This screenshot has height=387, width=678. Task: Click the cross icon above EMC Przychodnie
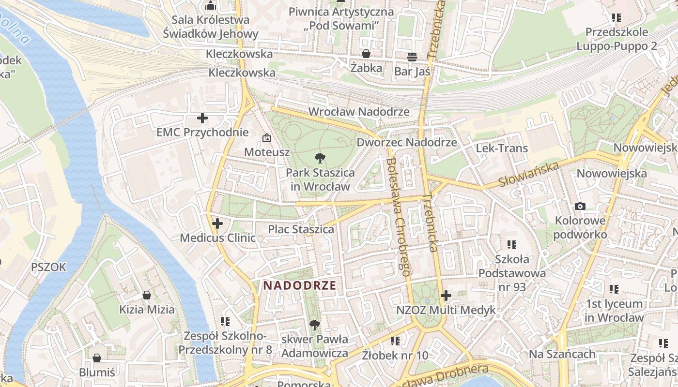202,118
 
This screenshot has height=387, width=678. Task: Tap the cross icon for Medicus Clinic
217,223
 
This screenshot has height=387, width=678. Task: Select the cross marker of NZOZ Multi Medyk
446,296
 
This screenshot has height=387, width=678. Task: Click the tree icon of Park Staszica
320,158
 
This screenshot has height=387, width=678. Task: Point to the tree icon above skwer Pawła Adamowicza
315,325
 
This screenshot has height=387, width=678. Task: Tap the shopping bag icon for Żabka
366,54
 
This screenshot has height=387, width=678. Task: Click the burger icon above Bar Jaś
412,57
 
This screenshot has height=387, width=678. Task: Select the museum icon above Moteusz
266,138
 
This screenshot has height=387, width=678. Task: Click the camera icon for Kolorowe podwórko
580,207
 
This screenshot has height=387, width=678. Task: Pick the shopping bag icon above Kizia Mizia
147,295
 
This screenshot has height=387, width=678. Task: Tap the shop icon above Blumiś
97,358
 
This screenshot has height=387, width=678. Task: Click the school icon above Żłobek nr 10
395,341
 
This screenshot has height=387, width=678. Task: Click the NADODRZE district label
300,285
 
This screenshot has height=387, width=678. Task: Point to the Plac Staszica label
301,229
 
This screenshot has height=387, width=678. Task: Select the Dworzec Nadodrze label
407,142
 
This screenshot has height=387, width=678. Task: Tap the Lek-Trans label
502,148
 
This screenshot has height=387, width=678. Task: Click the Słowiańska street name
529,175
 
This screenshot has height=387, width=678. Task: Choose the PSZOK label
48,267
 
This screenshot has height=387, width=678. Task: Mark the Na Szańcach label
562,354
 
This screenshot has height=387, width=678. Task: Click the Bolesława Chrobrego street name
399,217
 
